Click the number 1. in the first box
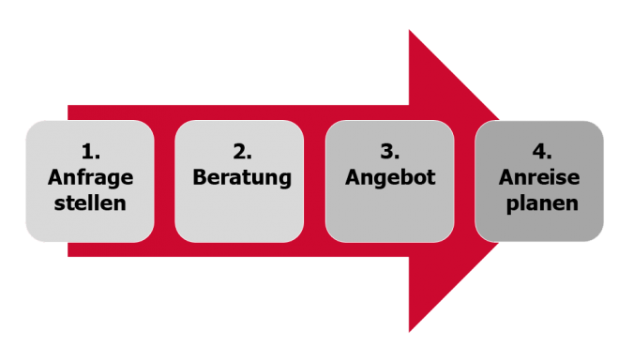[x=90, y=151]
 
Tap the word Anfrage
[x=90, y=176]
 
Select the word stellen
[x=90, y=202]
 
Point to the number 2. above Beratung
[x=240, y=151]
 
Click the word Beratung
[x=240, y=176]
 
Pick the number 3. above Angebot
[x=390, y=151]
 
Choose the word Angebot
[x=390, y=176]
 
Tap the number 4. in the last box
[x=541, y=151]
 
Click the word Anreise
[x=541, y=176]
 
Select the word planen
[x=541, y=202]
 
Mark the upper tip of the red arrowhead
[x=410, y=31]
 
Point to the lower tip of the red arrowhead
[x=410, y=331]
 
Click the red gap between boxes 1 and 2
[x=164, y=181]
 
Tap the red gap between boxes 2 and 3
[x=314, y=181]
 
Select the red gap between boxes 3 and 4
[x=464, y=181]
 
